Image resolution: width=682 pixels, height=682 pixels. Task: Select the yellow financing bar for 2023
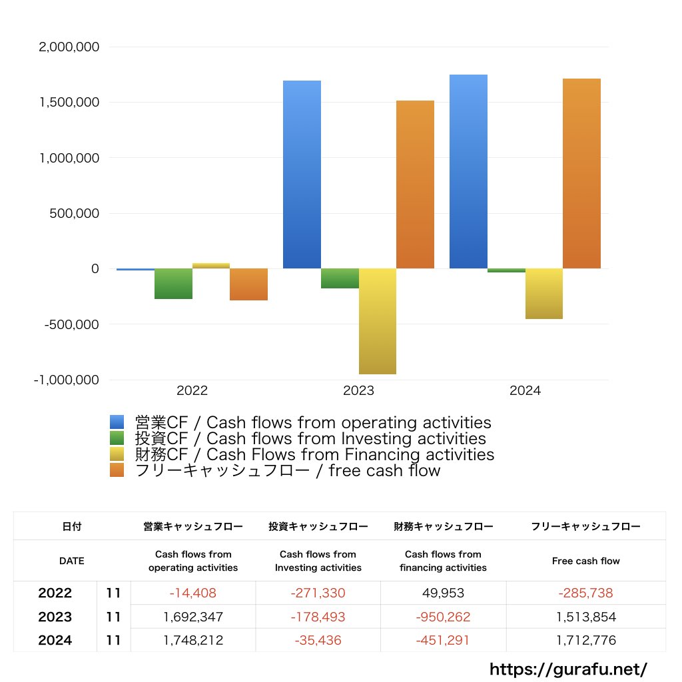click(378, 321)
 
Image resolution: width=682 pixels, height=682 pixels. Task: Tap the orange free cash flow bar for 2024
click(581, 173)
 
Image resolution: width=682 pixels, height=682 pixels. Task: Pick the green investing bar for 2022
click(173, 284)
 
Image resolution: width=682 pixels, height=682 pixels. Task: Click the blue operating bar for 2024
click(468, 171)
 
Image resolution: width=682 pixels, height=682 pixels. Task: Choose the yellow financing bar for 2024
click(544, 294)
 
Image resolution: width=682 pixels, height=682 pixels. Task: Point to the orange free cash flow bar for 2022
click(248, 284)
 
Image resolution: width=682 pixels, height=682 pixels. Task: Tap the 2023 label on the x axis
click(358, 391)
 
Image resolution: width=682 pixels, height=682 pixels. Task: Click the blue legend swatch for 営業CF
click(117, 422)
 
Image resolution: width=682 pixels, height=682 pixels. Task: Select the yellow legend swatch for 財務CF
click(117, 455)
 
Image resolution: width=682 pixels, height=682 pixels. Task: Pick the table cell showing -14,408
click(192, 593)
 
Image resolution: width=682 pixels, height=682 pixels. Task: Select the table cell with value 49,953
click(443, 593)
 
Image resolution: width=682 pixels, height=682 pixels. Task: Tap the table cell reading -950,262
click(443, 617)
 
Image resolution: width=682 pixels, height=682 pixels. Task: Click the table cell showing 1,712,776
click(585, 641)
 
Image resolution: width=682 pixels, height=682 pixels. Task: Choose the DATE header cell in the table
click(72, 561)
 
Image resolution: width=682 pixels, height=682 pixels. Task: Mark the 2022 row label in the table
click(55, 593)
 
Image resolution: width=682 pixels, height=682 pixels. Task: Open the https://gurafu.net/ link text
click(568, 668)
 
